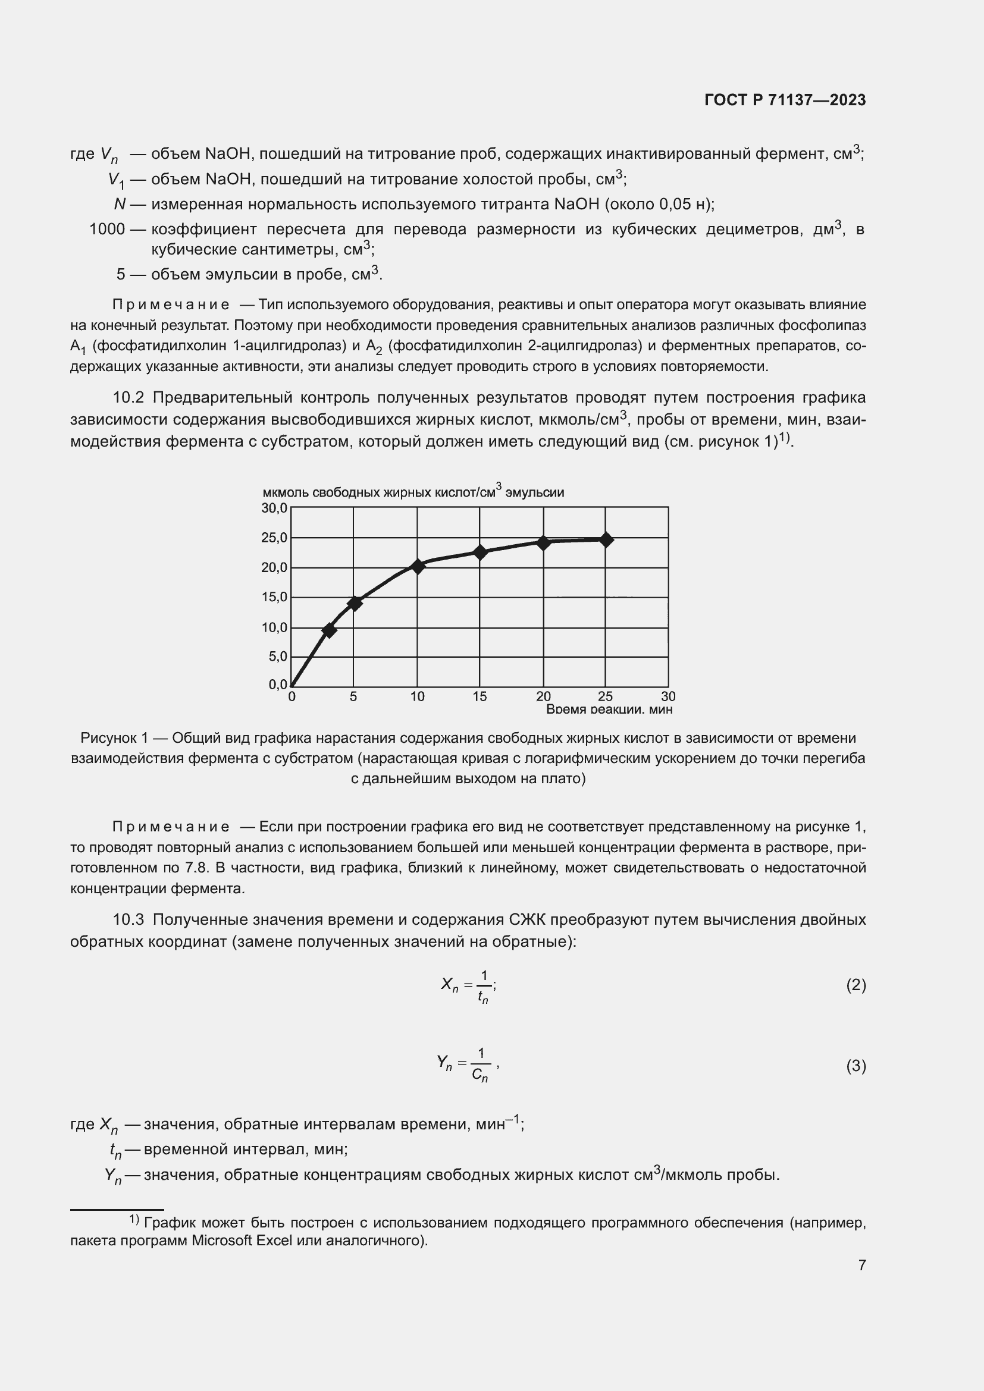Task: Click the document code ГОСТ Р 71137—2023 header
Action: (x=785, y=101)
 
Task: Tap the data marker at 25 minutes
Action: (x=605, y=539)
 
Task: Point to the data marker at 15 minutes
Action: (x=480, y=552)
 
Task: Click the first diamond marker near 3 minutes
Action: (x=329, y=630)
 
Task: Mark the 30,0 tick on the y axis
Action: (x=274, y=508)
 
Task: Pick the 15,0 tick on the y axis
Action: (x=274, y=597)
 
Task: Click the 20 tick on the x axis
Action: (x=543, y=697)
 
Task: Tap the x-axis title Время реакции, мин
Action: (x=609, y=709)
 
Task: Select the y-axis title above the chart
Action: (x=413, y=492)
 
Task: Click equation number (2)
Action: (x=855, y=984)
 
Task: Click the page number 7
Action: (x=861, y=1265)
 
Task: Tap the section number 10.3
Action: (x=129, y=919)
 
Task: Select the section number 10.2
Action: (x=129, y=397)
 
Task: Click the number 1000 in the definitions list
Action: (x=106, y=229)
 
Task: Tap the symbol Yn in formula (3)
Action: (x=444, y=1063)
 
